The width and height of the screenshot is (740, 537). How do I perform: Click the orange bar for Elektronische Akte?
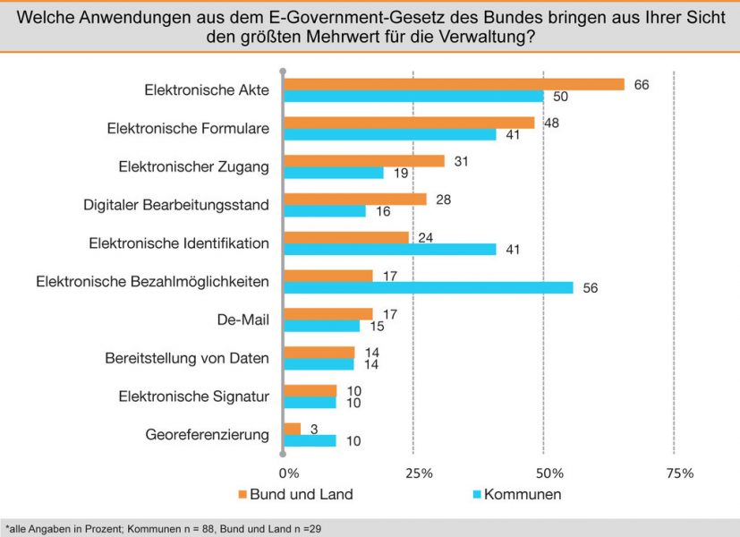coord(454,84)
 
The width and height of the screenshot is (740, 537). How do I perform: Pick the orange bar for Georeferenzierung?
coord(292,429)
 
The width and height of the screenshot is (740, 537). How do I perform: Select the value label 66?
coord(640,84)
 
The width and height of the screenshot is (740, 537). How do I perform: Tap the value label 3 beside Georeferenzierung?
coord(313,429)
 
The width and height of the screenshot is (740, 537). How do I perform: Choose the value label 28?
coord(442,199)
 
